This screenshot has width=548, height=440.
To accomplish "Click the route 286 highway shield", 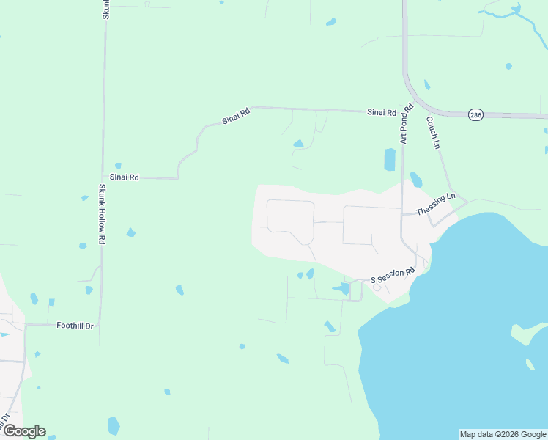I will [x=476, y=115].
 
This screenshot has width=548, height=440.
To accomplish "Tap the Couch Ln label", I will [x=432, y=132].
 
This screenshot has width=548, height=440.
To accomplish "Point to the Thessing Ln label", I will [x=436, y=205].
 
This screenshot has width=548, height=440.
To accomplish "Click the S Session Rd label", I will [x=393, y=276].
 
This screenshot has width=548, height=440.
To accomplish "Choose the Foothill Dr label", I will [x=75, y=326].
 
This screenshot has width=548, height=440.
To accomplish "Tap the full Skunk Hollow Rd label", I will [x=103, y=214].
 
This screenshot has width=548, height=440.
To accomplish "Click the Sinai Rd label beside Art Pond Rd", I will [x=381, y=113].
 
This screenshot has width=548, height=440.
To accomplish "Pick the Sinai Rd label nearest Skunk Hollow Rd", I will [x=124, y=177].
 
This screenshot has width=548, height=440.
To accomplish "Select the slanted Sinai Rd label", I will [x=237, y=116].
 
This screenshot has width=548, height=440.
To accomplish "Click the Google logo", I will [x=24, y=431].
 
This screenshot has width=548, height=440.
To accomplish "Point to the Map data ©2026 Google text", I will [x=503, y=434].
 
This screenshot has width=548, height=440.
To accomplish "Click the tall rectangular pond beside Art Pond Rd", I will [x=390, y=159].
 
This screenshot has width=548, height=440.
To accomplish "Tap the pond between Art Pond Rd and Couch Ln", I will [x=416, y=179].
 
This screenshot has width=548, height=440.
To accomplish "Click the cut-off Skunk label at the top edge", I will [x=105, y=9].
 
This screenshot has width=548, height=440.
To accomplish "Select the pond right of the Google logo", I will [x=114, y=425].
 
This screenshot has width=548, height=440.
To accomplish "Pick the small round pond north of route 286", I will [x=508, y=66].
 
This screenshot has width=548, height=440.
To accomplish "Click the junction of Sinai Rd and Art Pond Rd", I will [x=402, y=111].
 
